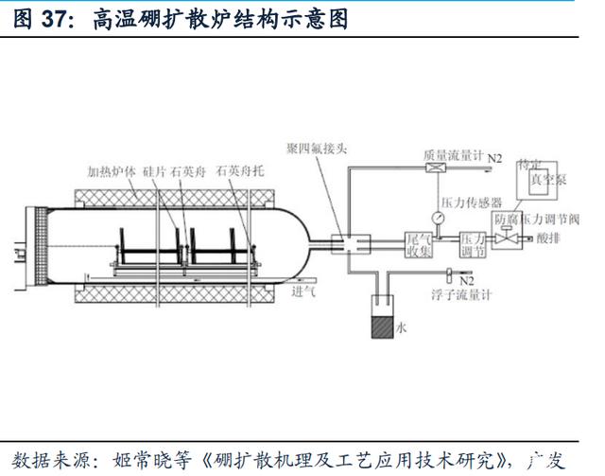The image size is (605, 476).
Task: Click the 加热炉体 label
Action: [x=111, y=171]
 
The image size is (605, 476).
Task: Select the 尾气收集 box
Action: [x=419, y=244]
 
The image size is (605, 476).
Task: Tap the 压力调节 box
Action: [x=473, y=244]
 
